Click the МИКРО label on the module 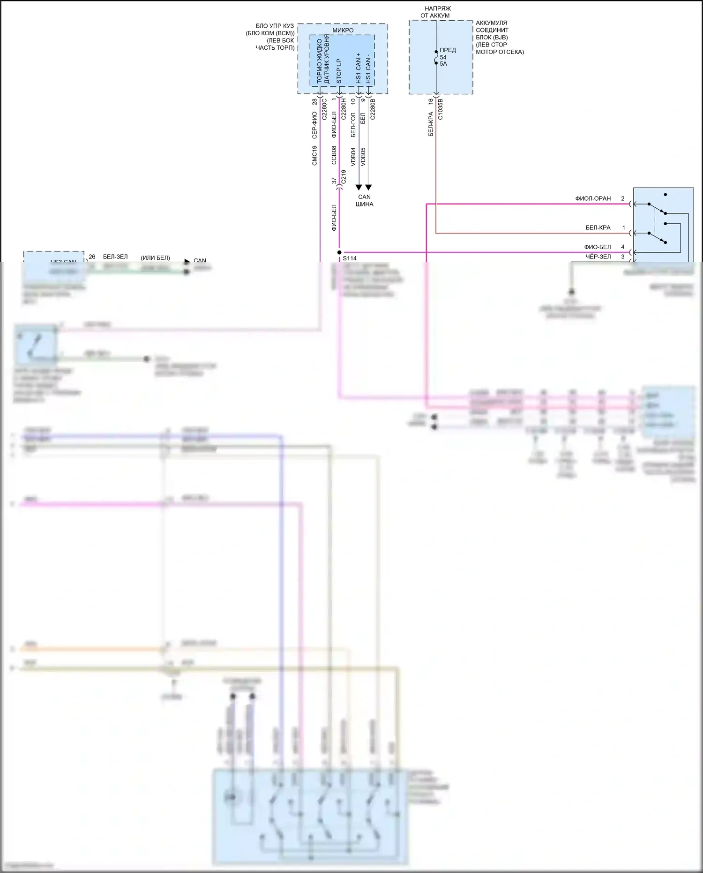pos(343,30)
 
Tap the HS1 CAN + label pos(359,68)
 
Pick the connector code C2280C pos(324,109)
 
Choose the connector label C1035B pos(440,109)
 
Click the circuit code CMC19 pos(314,155)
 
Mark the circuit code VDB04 pos(353,157)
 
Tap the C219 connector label pos(344,177)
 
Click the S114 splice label pos(350,258)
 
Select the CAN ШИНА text pos(364,200)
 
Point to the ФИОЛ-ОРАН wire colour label pos(593,198)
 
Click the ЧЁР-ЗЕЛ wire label pos(598,257)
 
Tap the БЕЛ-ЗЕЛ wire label pos(115,257)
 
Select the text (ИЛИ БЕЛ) pos(155,258)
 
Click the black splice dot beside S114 pos(339,252)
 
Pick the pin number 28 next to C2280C pos(314,102)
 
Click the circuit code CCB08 pos(334,155)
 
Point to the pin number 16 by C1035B pos(430,101)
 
